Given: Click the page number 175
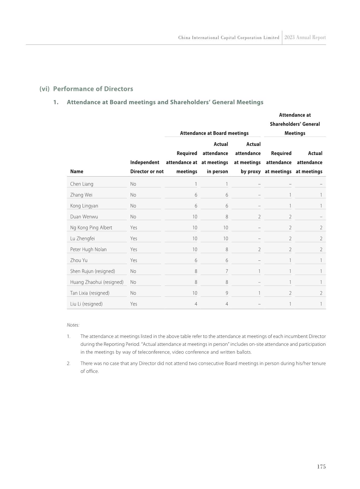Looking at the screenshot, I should coord(321,467).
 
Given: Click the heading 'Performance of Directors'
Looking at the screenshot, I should coord(93,89).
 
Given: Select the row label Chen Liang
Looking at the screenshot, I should coord(82,184).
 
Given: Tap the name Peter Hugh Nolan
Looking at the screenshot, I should coord(88,249).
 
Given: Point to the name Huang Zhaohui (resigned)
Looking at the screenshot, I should coord(97,282).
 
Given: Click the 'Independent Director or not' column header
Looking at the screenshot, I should coord(147,167).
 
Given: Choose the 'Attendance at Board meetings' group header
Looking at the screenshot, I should coord(214,133).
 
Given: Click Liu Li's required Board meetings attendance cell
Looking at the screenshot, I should coord(196,304).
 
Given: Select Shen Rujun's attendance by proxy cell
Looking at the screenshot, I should coord(259,271).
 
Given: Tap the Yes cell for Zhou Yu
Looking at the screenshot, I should coord(134,260).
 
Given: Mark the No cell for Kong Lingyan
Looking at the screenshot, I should coord(133,206).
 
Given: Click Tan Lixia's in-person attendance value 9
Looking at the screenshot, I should coord(227,293).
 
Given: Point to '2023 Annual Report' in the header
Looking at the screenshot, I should coord(305,38).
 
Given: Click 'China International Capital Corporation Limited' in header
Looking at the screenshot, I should coord(229,38).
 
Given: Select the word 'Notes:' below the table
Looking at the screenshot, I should coord(73,325).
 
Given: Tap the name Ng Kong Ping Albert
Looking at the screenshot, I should coord(91,227).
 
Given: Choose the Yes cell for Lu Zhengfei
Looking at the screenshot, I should coord(134,238).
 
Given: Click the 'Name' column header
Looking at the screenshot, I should coord(77,171).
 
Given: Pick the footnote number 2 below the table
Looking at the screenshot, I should coord(69,363).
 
